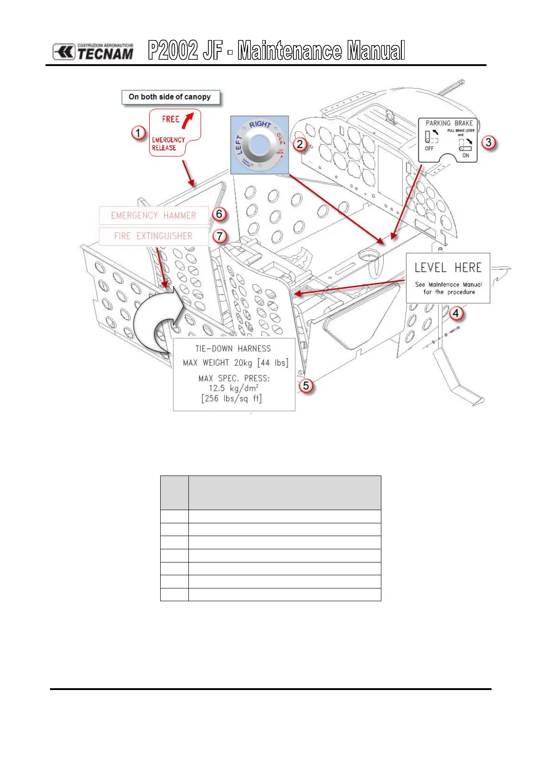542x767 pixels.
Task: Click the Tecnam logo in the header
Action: [93, 51]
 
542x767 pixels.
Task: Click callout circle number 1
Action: [138, 133]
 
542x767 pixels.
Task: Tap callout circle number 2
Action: [299, 144]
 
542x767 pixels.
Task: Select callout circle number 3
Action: [488, 142]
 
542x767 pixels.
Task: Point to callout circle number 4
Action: [456, 313]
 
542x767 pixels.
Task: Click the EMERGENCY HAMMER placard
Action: [153, 215]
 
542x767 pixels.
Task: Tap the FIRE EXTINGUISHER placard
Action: [153, 236]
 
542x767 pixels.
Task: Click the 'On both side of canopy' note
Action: [170, 97]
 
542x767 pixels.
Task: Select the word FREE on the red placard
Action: [171, 119]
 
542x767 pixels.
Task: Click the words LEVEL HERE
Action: [448, 268]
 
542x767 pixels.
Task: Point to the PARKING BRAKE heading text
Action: [449, 123]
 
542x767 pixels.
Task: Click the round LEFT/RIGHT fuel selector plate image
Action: [259, 145]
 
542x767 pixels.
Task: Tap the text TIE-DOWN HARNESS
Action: [233, 349]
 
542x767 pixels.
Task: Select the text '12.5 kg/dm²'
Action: [233, 388]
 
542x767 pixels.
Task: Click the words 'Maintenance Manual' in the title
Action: [321, 51]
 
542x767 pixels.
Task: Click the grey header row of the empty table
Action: [270, 492]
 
